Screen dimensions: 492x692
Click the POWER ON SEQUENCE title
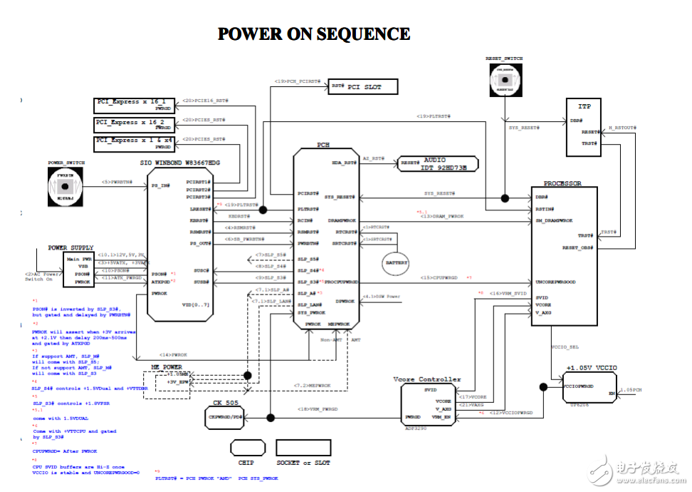point(314,34)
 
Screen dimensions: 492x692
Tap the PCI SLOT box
point(362,87)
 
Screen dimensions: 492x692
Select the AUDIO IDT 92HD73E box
point(439,164)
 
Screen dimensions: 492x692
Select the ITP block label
point(584,106)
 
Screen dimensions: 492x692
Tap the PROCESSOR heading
point(562,183)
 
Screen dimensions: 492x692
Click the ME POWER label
point(166,367)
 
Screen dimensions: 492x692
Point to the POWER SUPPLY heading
point(68,247)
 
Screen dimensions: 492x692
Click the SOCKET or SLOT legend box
point(303,448)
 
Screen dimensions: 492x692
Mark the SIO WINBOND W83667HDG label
point(180,163)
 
